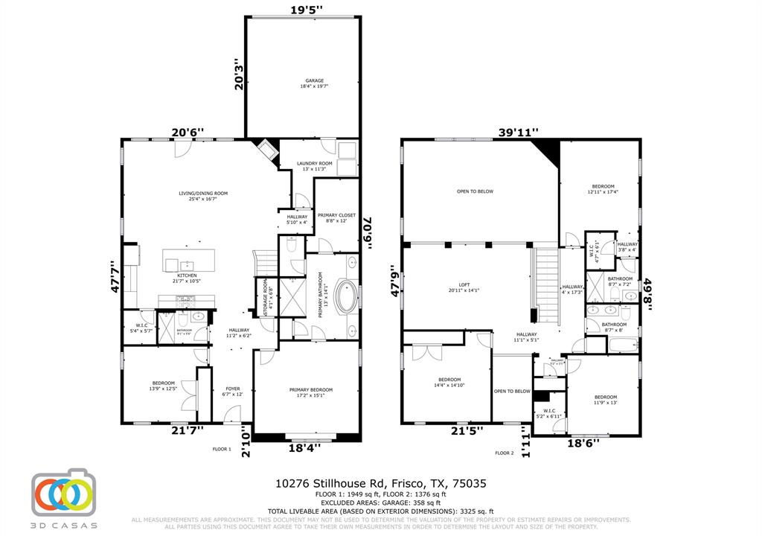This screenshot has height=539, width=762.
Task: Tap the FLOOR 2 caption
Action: coord(505,453)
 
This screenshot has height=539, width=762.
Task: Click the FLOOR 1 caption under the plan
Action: coord(222,449)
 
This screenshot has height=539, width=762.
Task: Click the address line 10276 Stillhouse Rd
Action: coord(381,483)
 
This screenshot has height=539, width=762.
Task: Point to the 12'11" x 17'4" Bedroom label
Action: coord(603,189)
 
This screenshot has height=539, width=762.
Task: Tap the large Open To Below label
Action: coord(475,191)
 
